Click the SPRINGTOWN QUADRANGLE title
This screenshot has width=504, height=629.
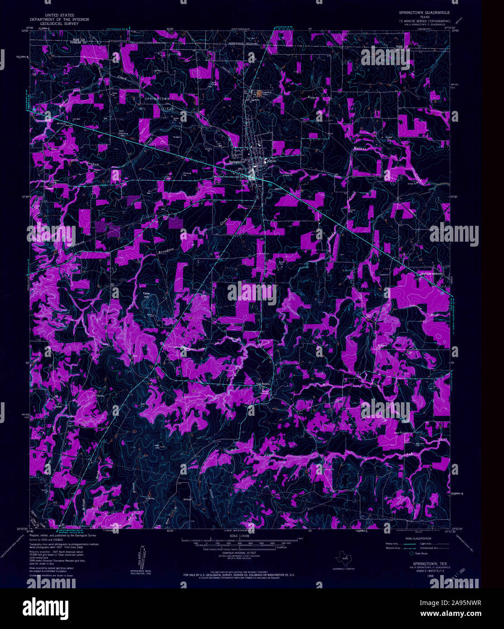(x=424, y=13)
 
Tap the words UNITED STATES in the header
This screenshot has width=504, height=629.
(x=59, y=15)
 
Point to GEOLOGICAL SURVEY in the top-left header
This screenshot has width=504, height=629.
(x=59, y=24)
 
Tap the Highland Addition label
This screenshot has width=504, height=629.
(x=431, y=274)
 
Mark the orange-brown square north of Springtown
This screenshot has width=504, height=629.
(x=259, y=94)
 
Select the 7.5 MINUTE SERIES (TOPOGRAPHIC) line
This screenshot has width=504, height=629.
(x=424, y=21)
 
